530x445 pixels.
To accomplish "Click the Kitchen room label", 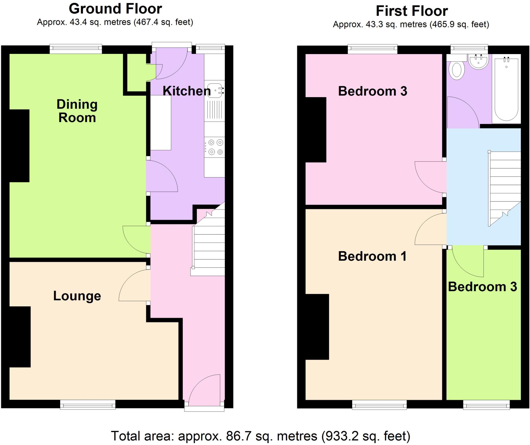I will click(x=187, y=91).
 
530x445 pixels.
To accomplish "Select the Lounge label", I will click(x=77, y=296).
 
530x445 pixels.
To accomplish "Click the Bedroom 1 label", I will click(x=372, y=256).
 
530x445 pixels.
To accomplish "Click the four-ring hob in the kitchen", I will click(x=215, y=147).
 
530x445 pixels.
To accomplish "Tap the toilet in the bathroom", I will click(x=457, y=70).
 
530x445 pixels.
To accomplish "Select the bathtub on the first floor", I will click(x=506, y=89).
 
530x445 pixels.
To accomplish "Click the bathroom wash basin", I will click(x=478, y=62).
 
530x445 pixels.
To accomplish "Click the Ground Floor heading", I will click(x=115, y=9).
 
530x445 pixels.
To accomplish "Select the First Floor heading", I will click(x=411, y=11).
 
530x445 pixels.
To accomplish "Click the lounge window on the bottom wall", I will click(x=88, y=405).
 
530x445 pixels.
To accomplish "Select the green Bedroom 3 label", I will click(x=482, y=287).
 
